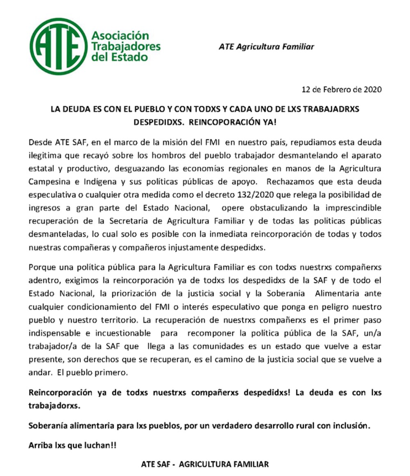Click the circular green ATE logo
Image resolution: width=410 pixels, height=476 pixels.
coord(58,46)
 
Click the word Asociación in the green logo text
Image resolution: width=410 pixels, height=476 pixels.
coord(120,36)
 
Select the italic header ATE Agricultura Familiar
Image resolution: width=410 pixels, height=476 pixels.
coord(266,47)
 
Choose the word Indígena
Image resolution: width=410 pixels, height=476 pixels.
coord(89,181)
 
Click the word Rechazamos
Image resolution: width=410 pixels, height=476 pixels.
coord(282,181)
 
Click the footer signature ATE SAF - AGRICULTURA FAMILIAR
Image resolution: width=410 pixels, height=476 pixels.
coord(205,464)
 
